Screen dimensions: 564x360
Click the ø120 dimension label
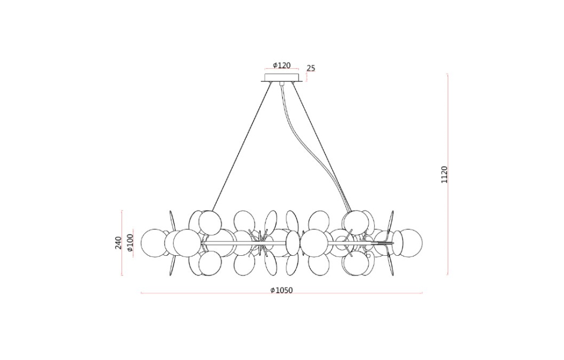pos(282,65)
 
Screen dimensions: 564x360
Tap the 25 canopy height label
pos(311,68)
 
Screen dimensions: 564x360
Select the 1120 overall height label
pos(445,175)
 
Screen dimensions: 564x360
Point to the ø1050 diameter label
pos(282,290)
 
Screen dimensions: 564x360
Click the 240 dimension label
pos(118,243)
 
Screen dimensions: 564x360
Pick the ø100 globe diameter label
pos(130,243)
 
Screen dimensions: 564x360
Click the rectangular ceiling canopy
pos(282,78)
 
